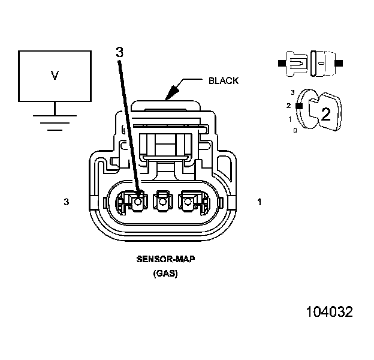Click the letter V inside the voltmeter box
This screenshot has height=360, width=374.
pyautogui.click(x=55, y=75)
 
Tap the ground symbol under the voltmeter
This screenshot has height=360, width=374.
pyautogui.click(x=55, y=121)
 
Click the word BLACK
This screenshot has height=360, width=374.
pyautogui.click(x=223, y=80)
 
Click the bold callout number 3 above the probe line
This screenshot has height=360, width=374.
pyautogui.click(x=119, y=52)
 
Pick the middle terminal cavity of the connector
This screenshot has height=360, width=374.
pyautogui.click(x=162, y=202)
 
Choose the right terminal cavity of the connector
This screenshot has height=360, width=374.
pyautogui.click(x=188, y=202)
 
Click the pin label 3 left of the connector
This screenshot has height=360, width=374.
pyautogui.click(x=66, y=202)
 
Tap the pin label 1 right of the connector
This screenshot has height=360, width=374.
pyautogui.click(x=260, y=202)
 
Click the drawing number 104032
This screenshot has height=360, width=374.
pyautogui.click(x=329, y=312)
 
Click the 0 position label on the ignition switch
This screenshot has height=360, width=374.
pyautogui.click(x=294, y=130)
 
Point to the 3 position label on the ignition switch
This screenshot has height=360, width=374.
pyautogui.click(x=292, y=92)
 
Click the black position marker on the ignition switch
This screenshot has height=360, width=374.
pyautogui.click(x=297, y=106)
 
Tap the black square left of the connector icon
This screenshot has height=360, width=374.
pyautogui.click(x=282, y=62)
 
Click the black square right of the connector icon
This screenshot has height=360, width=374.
pyautogui.click(x=339, y=62)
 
